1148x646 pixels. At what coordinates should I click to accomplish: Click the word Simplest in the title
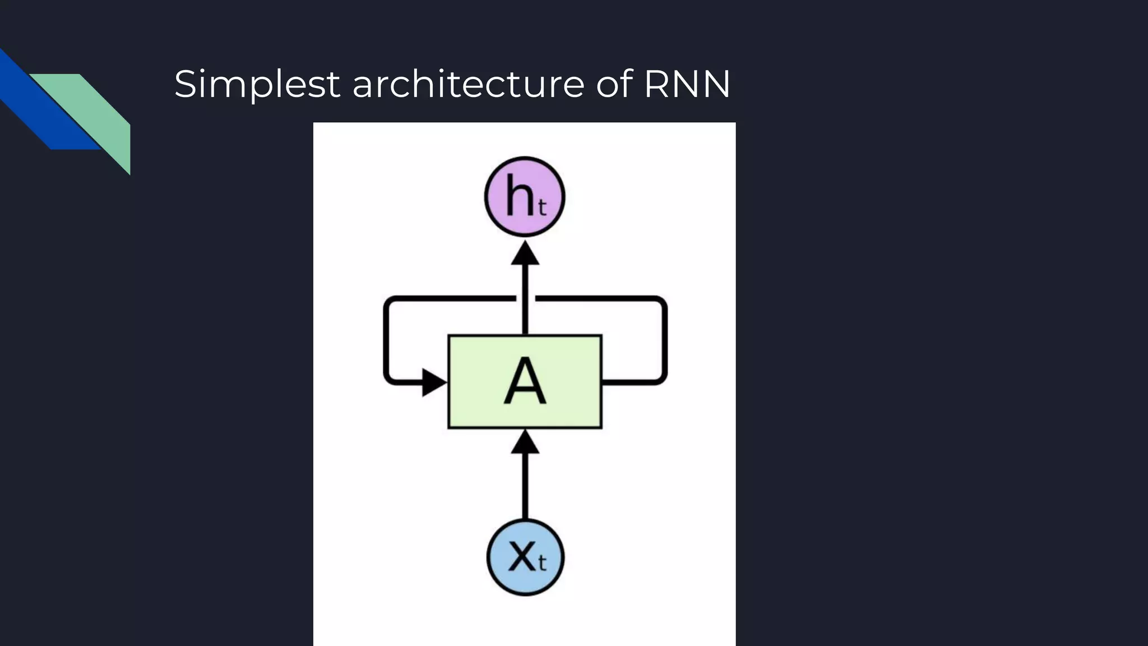pos(257,85)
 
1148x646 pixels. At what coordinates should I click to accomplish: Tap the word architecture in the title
pos(468,85)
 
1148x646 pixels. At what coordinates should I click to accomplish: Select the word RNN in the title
pos(687,85)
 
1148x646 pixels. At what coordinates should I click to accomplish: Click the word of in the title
pos(615,85)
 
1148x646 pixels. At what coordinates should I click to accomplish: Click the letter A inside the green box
pos(525,381)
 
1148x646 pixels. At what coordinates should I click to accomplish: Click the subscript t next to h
pos(541,208)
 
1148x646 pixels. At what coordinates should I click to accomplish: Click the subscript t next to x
pos(541,562)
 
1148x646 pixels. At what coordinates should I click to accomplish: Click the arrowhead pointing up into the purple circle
pos(525,253)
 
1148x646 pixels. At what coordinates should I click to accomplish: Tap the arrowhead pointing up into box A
pos(525,442)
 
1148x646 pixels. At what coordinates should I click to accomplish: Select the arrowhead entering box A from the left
pos(433,382)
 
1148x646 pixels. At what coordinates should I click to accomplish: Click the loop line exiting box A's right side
pos(633,382)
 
